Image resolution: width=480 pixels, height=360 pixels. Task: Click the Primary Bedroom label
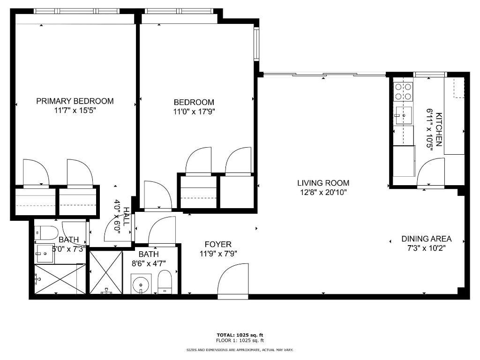click(x=75, y=101)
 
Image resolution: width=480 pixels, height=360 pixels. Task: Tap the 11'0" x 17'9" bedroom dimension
click(x=194, y=112)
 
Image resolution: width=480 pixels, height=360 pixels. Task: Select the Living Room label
click(x=323, y=183)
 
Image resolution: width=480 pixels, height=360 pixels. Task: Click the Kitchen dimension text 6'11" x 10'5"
click(x=429, y=128)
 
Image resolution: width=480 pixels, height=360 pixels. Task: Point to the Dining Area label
click(x=426, y=239)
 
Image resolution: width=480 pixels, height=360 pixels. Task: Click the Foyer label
click(x=218, y=244)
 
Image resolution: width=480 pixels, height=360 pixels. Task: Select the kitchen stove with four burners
click(x=403, y=91)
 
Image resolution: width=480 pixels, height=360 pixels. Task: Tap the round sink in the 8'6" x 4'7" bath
click(x=139, y=284)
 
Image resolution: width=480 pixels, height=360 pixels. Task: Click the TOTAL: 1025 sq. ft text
click(x=240, y=335)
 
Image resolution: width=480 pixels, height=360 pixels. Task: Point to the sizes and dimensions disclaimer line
click(x=240, y=350)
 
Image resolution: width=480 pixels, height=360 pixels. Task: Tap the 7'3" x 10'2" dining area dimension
click(x=426, y=248)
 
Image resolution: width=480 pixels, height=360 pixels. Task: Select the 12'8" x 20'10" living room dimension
click(x=323, y=192)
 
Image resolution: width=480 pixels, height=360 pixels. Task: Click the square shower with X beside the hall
click(x=105, y=273)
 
